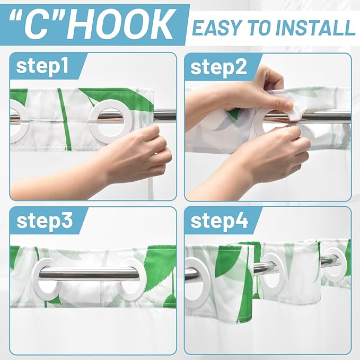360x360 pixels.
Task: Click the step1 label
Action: (42, 66)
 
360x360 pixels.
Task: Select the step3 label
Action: (45, 221)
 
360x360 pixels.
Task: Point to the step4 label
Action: (219, 221)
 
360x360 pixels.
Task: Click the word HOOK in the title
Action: (119, 25)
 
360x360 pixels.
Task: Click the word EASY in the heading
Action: (219, 28)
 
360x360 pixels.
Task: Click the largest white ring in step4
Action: (206, 283)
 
